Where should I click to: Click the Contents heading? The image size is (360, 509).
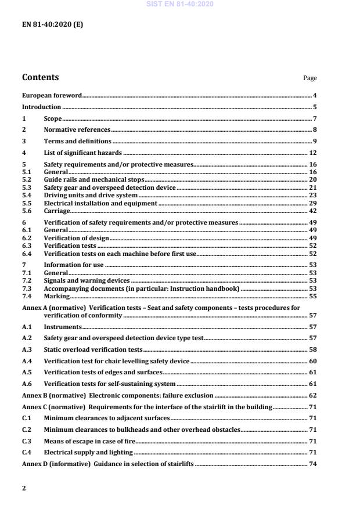tap(40, 77)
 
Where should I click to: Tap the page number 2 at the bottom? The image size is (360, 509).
tap(24, 488)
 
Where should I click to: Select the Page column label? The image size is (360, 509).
tap(310, 78)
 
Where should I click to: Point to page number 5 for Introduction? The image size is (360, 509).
tap(314, 107)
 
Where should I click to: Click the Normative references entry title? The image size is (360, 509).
tap(77, 129)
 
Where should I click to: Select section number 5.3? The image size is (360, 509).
tap(27, 188)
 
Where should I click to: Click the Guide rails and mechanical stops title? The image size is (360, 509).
tap(94, 181)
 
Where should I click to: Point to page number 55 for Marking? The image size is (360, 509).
tap(312, 295)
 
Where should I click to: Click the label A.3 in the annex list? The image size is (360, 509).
tap(27, 351)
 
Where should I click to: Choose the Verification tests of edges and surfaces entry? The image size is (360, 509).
tap(103, 372)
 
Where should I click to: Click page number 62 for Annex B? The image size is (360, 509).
tap(312, 396)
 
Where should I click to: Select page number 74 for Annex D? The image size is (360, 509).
tap(312, 464)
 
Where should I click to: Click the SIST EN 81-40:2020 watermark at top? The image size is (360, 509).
tap(180, 4)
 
